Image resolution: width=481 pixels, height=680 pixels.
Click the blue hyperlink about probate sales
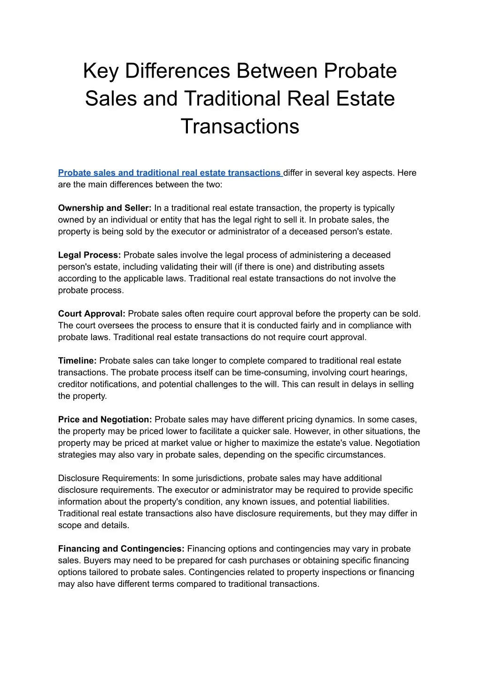(169, 173)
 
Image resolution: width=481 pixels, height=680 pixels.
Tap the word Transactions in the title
(240, 126)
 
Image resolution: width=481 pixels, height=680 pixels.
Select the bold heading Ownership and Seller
(105, 208)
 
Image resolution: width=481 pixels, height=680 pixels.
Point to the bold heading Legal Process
(90, 255)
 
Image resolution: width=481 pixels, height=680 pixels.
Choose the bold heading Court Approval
(92, 314)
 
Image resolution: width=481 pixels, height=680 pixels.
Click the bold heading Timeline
(78, 361)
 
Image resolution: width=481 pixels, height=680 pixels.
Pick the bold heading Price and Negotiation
(105, 419)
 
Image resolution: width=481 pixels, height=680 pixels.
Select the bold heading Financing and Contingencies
(121, 549)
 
